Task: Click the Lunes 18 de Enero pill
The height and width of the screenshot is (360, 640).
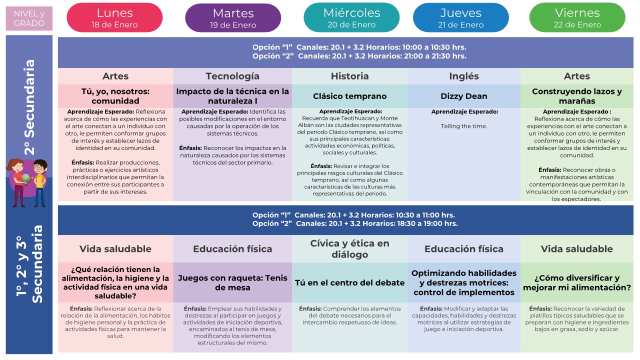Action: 114,18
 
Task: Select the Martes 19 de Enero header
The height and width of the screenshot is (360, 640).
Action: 233,18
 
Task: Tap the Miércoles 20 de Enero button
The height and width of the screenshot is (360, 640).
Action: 351,18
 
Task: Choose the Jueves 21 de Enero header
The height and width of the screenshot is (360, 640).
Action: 460,18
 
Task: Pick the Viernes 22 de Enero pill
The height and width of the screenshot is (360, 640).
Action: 577,18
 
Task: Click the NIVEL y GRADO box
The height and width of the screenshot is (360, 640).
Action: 29,18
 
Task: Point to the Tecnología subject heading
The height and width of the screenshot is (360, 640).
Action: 232,76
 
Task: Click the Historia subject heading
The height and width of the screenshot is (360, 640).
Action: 349,76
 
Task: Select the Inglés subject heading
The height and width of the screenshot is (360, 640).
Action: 463,76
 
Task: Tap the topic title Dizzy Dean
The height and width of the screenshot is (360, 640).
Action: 463,96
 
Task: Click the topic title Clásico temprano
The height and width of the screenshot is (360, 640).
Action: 349,96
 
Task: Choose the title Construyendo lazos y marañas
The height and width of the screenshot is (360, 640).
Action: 577,96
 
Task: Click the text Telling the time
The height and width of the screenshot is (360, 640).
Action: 463,126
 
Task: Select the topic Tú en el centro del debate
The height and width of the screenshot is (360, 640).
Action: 349,283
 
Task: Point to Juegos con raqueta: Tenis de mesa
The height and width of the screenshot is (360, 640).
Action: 232,283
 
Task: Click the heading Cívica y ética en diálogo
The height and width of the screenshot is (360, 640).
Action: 349,249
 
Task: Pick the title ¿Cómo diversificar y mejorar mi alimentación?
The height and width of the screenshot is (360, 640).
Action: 577,283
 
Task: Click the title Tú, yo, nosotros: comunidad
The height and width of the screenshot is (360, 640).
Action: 115,96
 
